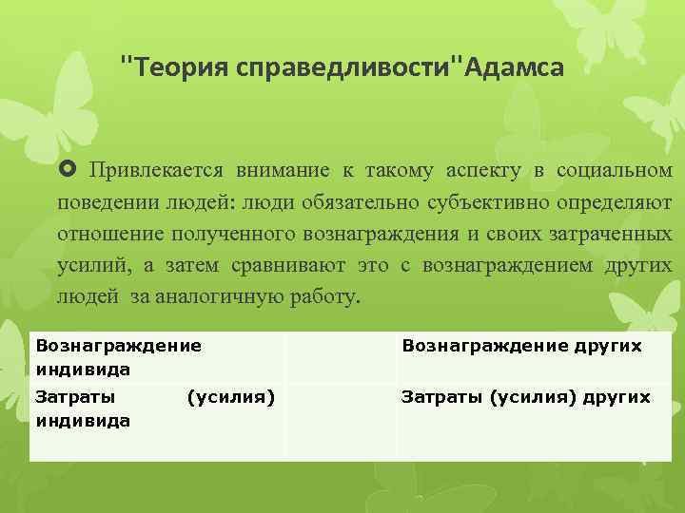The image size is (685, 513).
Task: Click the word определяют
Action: [x=619, y=202]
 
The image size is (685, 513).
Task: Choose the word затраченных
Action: [x=610, y=234]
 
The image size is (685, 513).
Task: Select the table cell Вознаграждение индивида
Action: [x=118, y=356]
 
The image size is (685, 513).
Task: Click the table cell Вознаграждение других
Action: [x=521, y=346]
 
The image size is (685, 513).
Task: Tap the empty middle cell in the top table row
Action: [x=342, y=356]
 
